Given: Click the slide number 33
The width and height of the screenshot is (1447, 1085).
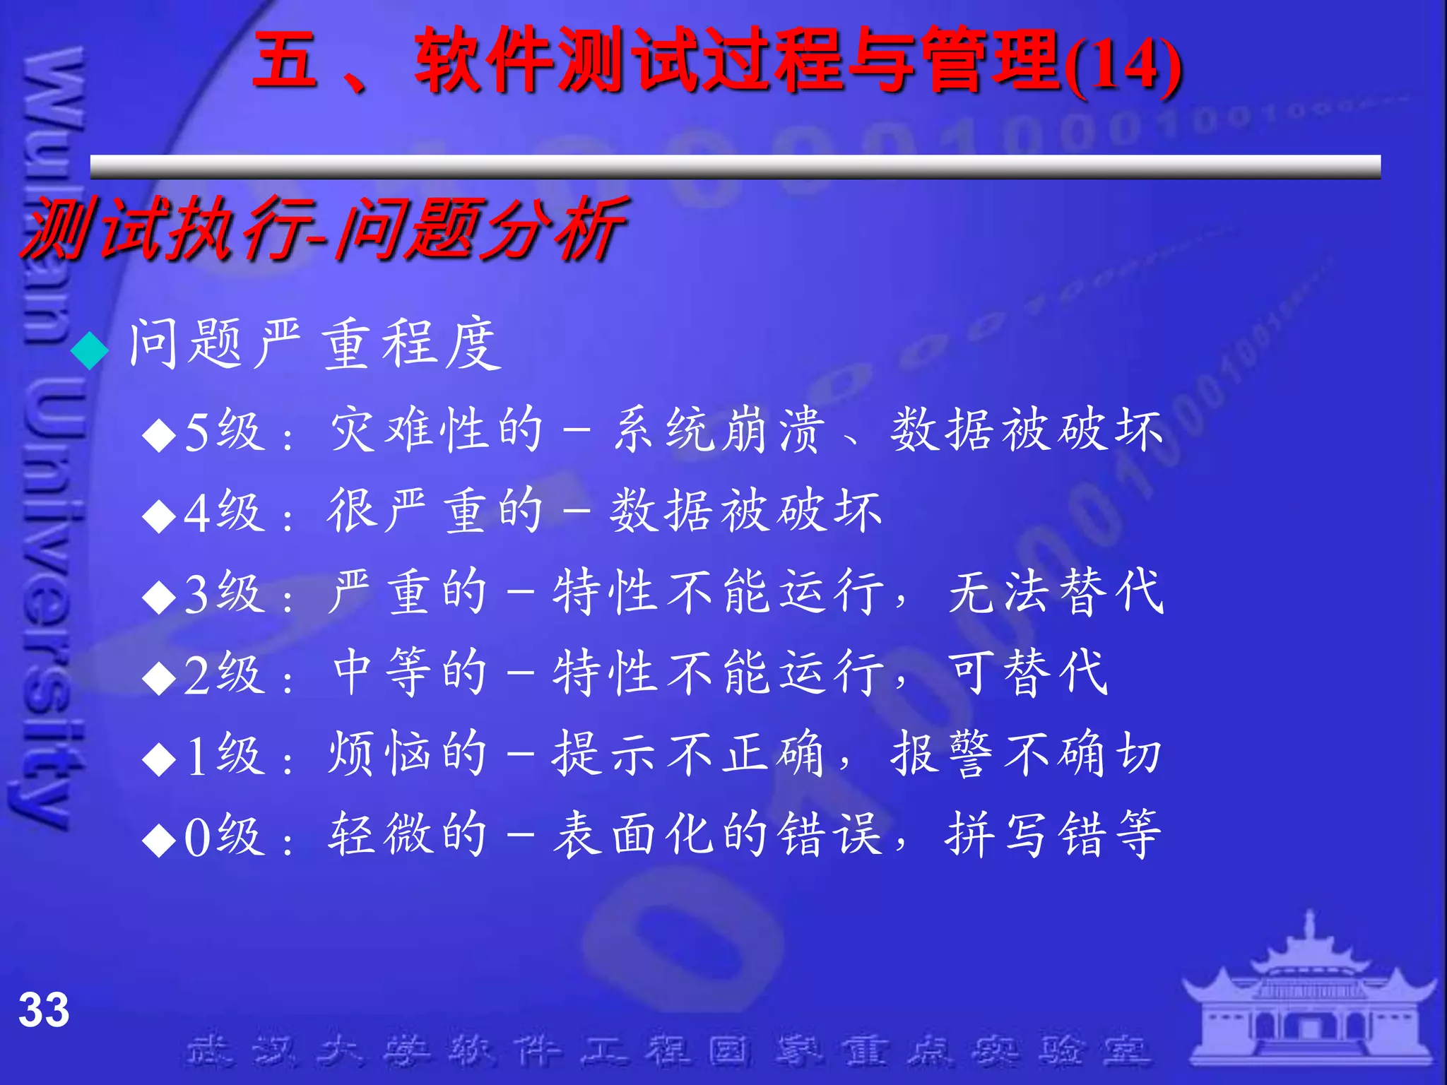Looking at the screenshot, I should pyautogui.click(x=44, y=1009).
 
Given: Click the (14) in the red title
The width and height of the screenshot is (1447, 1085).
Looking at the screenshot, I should pyautogui.click(x=1123, y=66).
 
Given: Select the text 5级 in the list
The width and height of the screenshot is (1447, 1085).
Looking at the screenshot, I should pyautogui.click(x=224, y=431).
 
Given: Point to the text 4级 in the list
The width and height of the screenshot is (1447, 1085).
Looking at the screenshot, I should pyautogui.click(x=224, y=511).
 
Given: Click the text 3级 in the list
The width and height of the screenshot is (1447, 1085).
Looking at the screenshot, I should pyautogui.click(x=224, y=593).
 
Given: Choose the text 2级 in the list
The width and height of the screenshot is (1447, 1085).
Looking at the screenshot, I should pyautogui.click(x=224, y=673).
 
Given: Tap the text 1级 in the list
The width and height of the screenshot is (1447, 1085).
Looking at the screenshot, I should pyautogui.click(x=224, y=754).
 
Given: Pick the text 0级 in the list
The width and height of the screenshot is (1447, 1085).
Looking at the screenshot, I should pyautogui.click(x=224, y=836).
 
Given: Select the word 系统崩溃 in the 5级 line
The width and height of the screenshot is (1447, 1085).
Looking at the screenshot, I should pyautogui.click(x=718, y=429).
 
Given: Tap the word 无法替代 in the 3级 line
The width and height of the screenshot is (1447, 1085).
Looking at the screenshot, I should pyautogui.click(x=1056, y=591).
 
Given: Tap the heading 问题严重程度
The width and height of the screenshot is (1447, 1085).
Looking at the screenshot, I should pyautogui.click(x=315, y=344).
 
